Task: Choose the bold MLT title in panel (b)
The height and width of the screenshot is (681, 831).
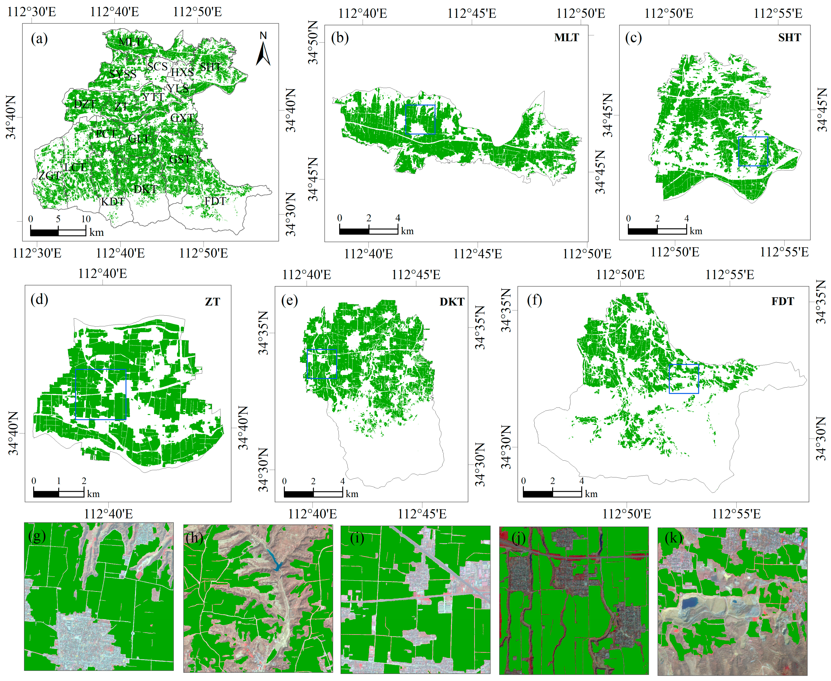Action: [x=566, y=38]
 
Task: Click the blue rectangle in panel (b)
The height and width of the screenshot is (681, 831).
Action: [x=420, y=120]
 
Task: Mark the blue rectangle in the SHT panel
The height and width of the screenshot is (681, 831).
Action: [x=753, y=151]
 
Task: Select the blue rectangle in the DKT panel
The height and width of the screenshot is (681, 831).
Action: [x=322, y=364]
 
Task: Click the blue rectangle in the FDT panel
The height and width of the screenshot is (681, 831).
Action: [x=684, y=379]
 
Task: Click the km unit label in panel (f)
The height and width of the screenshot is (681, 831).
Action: [x=591, y=494]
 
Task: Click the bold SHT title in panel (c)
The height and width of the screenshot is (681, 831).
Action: [x=789, y=38]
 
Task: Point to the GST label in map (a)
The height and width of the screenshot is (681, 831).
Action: [x=180, y=159]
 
